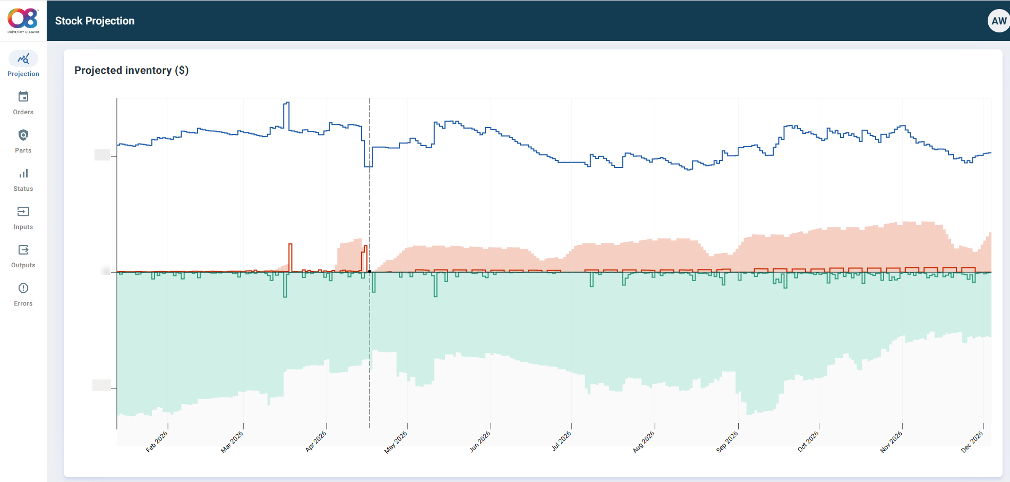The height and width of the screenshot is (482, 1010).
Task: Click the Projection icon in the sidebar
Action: click(23, 59)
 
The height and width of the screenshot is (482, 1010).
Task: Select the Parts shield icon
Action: click(23, 136)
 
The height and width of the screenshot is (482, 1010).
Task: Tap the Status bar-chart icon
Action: click(23, 174)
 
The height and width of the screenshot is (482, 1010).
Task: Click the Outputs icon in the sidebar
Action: click(23, 250)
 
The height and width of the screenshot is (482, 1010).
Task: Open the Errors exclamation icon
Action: click(23, 289)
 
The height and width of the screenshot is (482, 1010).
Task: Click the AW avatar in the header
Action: click(998, 21)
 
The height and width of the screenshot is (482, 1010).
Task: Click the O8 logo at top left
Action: click(23, 20)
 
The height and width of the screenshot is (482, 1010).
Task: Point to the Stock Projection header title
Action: click(95, 21)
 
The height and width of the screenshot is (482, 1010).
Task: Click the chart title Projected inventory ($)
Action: click(131, 70)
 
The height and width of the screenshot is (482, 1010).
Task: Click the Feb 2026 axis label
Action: click(157, 442)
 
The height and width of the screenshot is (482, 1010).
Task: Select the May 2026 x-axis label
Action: click(396, 442)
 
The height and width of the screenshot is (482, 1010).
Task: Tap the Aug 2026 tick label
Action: click(644, 442)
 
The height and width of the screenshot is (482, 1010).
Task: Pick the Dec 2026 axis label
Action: click(972, 442)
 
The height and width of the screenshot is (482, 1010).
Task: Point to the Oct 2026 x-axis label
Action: click(808, 442)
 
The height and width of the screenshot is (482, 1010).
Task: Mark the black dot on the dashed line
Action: click(370, 272)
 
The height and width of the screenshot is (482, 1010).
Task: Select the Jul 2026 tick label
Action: click(561, 441)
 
